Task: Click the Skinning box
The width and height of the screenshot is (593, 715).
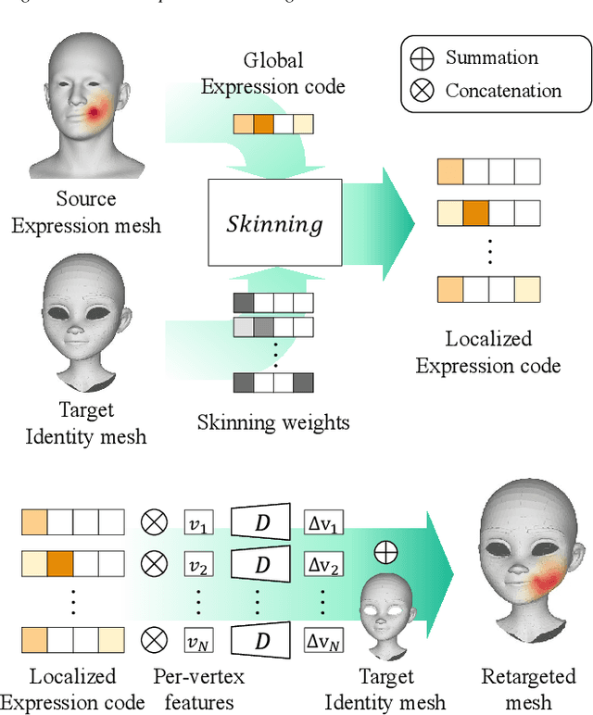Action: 275,222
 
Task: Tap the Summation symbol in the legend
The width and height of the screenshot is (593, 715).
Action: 423,58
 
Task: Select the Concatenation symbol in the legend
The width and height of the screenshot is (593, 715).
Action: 423,90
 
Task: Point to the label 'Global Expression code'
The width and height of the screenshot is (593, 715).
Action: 273,74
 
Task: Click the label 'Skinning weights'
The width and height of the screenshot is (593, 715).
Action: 273,423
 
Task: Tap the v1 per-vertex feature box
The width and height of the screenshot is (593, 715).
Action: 198,523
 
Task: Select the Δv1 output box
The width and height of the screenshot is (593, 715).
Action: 324,523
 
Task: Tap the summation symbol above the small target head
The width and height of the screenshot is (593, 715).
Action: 385,553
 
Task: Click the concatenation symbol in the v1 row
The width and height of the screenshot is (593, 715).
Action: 153,523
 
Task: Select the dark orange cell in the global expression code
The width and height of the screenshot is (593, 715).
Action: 264,125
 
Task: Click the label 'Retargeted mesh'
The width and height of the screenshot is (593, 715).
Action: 529,689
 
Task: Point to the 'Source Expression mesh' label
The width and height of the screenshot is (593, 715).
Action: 85,212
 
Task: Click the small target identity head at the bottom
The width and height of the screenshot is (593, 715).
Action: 386,611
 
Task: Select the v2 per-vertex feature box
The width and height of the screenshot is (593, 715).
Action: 198,563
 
